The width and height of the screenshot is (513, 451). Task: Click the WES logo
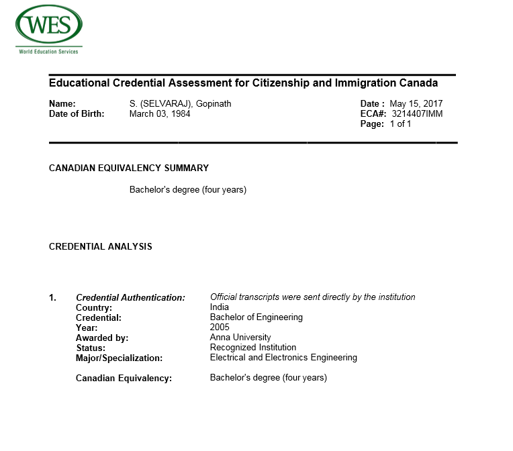pos(48,26)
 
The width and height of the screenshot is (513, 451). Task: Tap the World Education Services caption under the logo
pos(48,51)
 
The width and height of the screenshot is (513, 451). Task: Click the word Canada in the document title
pos(417,83)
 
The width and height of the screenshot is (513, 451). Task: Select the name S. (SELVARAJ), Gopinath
pos(180,104)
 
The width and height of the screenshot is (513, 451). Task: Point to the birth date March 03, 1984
pos(160,114)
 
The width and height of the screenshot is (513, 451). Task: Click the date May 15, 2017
pos(416,104)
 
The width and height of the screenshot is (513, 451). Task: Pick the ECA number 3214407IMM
pos(417,114)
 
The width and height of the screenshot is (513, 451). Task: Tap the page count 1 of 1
pos(400,124)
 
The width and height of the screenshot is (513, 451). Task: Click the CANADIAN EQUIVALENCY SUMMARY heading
pos(129,168)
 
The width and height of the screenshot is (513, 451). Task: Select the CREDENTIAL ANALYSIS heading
pos(101,246)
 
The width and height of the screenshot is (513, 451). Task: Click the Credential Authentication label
pos(130,297)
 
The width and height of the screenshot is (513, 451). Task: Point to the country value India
pos(220,307)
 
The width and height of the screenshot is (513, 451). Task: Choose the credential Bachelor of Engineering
pos(256,317)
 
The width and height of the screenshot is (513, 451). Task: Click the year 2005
pos(220,328)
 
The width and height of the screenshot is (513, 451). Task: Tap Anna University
pos(240,338)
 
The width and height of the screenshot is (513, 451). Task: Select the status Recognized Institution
pos(253,348)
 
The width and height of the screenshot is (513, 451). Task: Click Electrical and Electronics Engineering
pos(283,358)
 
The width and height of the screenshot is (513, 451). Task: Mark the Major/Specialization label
pos(120,358)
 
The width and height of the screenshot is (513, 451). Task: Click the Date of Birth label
pos(77,114)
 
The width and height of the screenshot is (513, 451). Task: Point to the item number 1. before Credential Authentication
pos(53,297)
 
